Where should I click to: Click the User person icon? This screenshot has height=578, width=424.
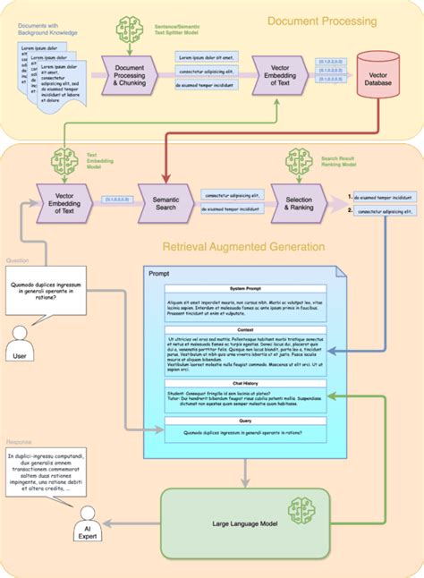[x=19, y=341]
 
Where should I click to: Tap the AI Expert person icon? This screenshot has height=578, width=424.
[x=88, y=521]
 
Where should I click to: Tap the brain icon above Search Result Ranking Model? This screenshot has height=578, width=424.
[x=297, y=162]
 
